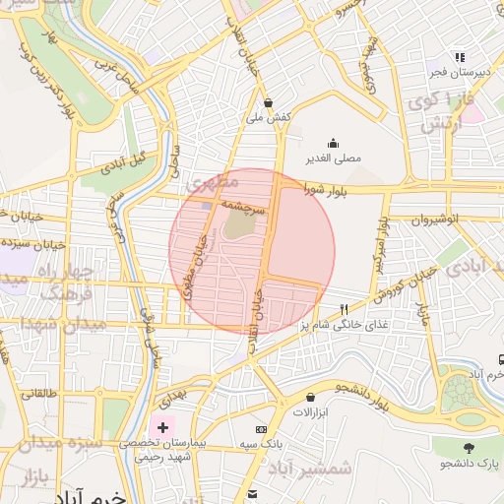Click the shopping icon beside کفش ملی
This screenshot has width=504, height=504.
coord(269,101)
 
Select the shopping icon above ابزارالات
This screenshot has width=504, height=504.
coord(311,398)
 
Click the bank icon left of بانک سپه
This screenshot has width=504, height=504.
coord(261,429)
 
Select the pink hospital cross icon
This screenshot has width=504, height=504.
coord(162,428)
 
